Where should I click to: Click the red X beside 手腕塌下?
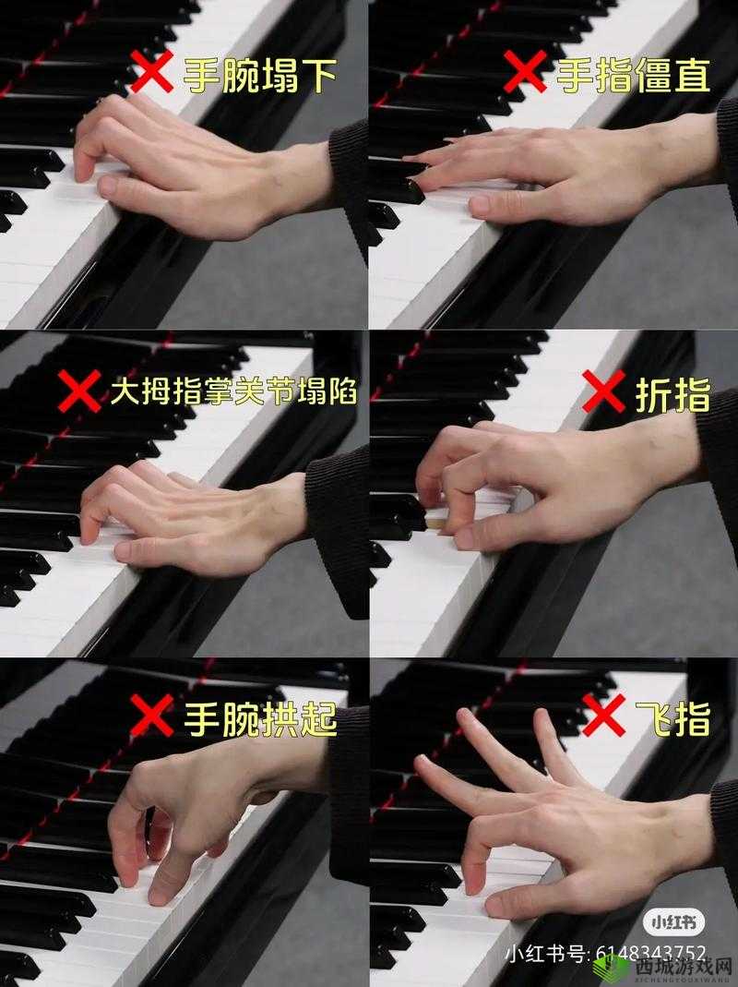coord(151,71)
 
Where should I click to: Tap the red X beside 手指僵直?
coord(525,71)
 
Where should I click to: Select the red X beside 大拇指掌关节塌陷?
coord(80,391)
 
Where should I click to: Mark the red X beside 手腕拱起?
coord(151,716)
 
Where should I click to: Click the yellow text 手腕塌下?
coord(260,75)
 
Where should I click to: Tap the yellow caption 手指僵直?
coord(634,75)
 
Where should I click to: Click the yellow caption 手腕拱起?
coord(260,718)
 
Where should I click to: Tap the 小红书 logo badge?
coord(673,922)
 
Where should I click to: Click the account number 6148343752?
coord(652,954)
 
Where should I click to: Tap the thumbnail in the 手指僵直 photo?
coord(480,205)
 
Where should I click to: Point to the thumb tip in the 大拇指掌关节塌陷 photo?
coord(124,551)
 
